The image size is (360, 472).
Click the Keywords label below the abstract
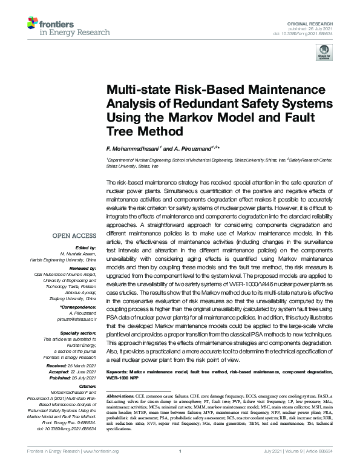[119, 369]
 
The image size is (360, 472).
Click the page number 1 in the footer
[180, 467]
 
